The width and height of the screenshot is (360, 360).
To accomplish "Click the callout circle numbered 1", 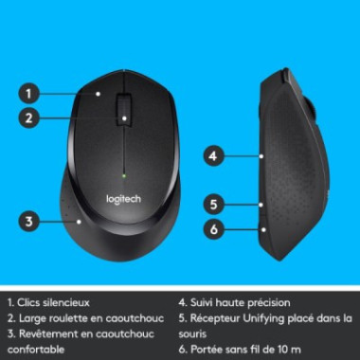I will pos(30,93).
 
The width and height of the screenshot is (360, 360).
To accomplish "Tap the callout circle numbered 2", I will pos(30,118).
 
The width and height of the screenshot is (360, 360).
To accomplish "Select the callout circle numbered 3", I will pos(30,221).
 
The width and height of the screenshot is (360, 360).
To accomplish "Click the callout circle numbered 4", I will pos(214,154).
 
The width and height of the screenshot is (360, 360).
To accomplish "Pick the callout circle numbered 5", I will pos(214,204).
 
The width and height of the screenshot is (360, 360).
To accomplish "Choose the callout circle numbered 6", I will pos(214,228).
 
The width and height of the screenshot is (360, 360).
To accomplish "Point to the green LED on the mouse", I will pos(125,174).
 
